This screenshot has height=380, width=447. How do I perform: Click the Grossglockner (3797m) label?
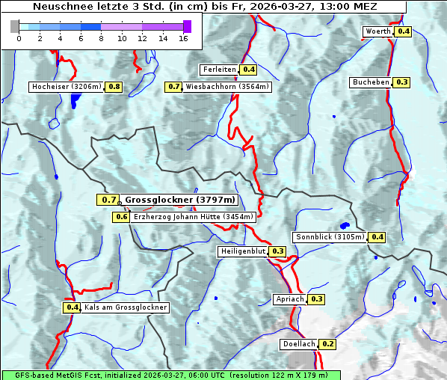click(180, 200)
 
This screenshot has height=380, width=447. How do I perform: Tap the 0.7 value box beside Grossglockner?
click(108, 200)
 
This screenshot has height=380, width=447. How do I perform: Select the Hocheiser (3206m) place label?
click(67, 87)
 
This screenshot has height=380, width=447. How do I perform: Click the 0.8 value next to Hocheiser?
click(114, 87)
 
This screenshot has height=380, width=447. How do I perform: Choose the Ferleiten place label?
click(219, 70)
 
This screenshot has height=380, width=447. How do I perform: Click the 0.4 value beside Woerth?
click(403, 31)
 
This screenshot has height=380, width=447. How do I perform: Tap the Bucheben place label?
click(371, 82)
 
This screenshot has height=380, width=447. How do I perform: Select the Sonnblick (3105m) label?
click(330, 237)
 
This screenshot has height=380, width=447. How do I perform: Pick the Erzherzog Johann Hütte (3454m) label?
click(194, 217)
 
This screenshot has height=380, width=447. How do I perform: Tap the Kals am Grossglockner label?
click(126, 307)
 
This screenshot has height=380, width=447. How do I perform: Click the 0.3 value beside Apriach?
click(316, 299)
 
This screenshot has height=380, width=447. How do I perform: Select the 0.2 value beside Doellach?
click(328, 344)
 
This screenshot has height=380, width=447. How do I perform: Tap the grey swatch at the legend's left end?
click(15, 26)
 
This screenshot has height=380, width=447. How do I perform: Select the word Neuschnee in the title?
click(61, 6)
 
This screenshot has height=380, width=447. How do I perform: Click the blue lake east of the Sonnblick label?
click(345, 225)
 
